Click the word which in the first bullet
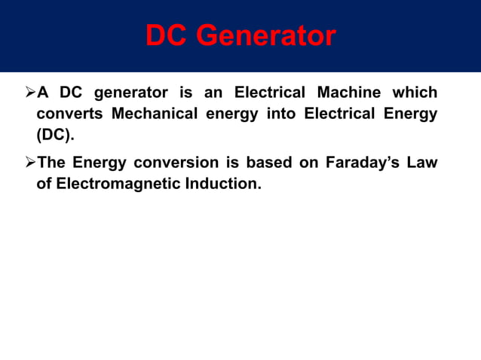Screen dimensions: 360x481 (x=413, y=93)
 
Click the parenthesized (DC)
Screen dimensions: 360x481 (x=56, y=137)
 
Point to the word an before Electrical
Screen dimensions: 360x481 (x=214, y=93)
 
